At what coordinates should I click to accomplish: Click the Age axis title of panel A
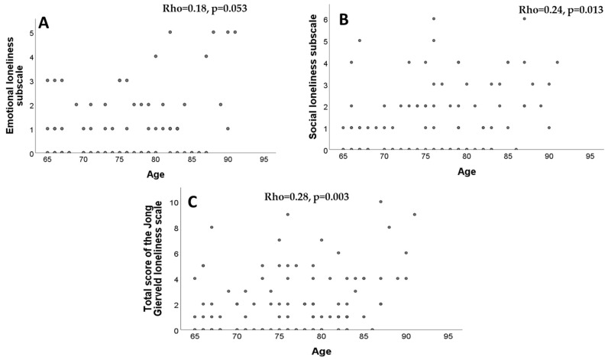click(155, 174)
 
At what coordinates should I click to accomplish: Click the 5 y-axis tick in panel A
click(31, 33)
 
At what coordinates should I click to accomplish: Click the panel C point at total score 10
click(380, 202)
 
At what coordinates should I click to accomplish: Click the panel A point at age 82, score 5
click(170, 33)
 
